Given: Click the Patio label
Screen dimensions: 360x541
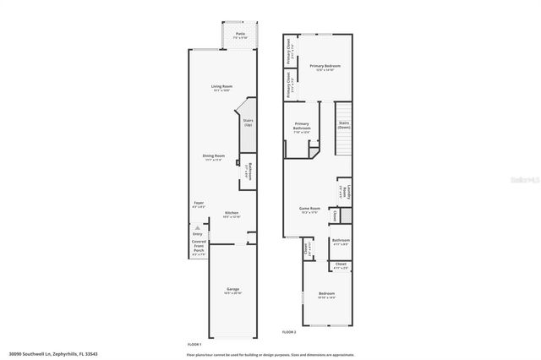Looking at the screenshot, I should (x=240, y=35).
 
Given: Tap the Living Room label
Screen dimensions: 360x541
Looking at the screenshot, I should (x=221, y=86).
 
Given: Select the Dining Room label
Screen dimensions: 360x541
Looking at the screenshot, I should (x=213, y=155).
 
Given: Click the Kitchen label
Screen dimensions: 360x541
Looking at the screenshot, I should (x=232, y=213).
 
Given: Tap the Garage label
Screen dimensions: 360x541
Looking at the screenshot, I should (x=232, y=289).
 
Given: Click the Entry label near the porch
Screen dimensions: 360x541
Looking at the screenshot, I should (x=198, y=235).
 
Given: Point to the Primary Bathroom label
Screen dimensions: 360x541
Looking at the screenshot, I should (x=302, y=127).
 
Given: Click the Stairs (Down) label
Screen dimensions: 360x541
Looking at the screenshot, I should (x=344, y=124).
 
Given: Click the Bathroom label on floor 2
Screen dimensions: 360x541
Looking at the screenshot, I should (x=341, y=241).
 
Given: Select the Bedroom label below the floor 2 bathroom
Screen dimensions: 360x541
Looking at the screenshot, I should (x=325, y=294).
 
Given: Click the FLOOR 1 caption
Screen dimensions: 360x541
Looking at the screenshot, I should (x=194, y=345).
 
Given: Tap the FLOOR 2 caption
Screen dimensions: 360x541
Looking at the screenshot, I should (x=288, y=331).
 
